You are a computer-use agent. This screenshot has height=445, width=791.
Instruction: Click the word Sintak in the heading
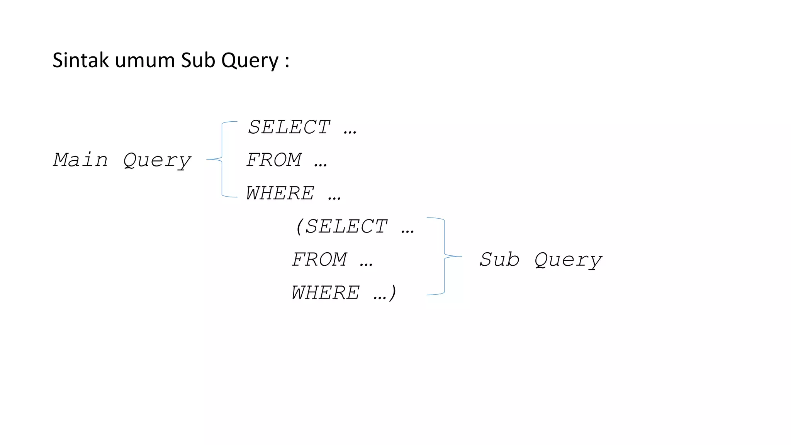coord(80,61)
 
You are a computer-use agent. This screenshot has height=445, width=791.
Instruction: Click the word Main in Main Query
coord(80,160)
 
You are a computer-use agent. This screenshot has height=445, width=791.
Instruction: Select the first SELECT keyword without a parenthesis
coord(289,127)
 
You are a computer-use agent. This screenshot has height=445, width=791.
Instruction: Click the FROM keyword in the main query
coord(274,160)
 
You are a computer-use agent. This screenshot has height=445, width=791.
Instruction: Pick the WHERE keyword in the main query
coord(280,193)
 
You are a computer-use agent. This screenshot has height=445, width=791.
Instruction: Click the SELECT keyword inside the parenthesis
coord(346,226)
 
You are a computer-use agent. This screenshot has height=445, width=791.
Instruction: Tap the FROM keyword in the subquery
coord(319,259)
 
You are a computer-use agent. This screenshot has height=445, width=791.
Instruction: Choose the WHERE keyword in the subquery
coord(325,292)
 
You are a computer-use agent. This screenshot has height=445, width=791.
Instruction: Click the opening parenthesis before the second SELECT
coord(299,226)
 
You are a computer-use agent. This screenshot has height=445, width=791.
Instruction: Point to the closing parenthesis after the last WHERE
coord(393,292)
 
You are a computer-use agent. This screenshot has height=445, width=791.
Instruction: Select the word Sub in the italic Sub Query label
coord(499,259)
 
